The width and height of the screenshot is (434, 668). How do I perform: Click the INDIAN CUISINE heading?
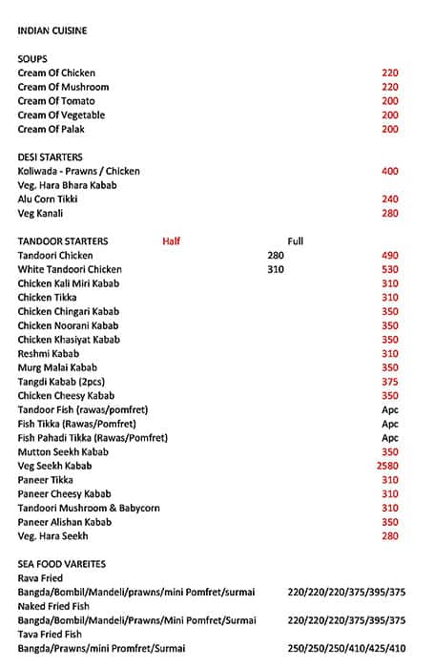pos(52,31)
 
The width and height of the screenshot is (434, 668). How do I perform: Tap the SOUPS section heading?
pos(32,59)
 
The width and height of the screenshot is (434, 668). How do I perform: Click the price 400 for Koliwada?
pos(389,172)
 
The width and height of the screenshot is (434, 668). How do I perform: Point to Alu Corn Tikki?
pos(48,199)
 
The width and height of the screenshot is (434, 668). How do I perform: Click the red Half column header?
pos(171,241)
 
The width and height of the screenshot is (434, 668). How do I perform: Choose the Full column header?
pos(295,241)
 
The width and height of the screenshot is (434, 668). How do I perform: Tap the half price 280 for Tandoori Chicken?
pos(276,256)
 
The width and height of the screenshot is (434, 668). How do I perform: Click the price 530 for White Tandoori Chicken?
pos(389,270)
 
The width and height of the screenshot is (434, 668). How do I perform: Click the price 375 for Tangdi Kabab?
pos(389,382)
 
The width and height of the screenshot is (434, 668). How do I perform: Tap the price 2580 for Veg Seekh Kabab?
pos(387,466)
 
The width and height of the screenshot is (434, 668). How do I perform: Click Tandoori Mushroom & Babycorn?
pos(76,508)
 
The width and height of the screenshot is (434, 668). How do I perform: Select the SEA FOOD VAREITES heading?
pos(62,564)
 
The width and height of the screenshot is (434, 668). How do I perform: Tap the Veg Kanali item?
pos(40,214)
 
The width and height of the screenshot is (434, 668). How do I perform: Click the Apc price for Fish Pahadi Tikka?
pos(389,438)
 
